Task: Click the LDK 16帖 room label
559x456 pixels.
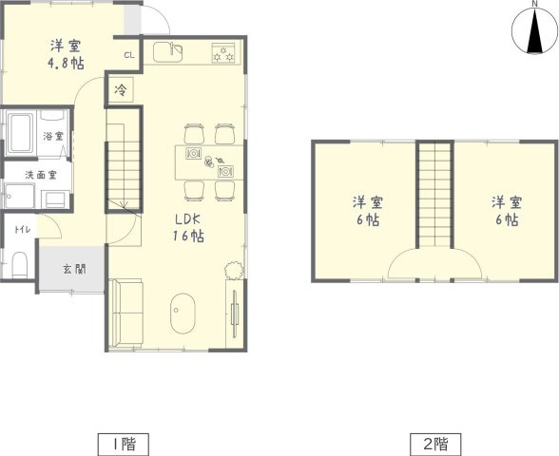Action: pyautogui.click(x=187, y=228)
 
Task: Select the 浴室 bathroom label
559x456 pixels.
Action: pyautogui.click(x=53, y=137)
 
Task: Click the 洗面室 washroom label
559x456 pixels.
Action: pyautogui.click(x=41, y=175)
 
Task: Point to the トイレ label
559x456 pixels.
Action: pyautogui.click(x=20, y=230)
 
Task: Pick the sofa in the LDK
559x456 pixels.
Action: pyautogui.click(x=125, y=313)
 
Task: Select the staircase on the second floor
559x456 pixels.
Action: pyautogui.click(x=434, y=199)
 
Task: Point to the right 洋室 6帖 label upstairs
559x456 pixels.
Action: pyautogui.click(x=505, y=211)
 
